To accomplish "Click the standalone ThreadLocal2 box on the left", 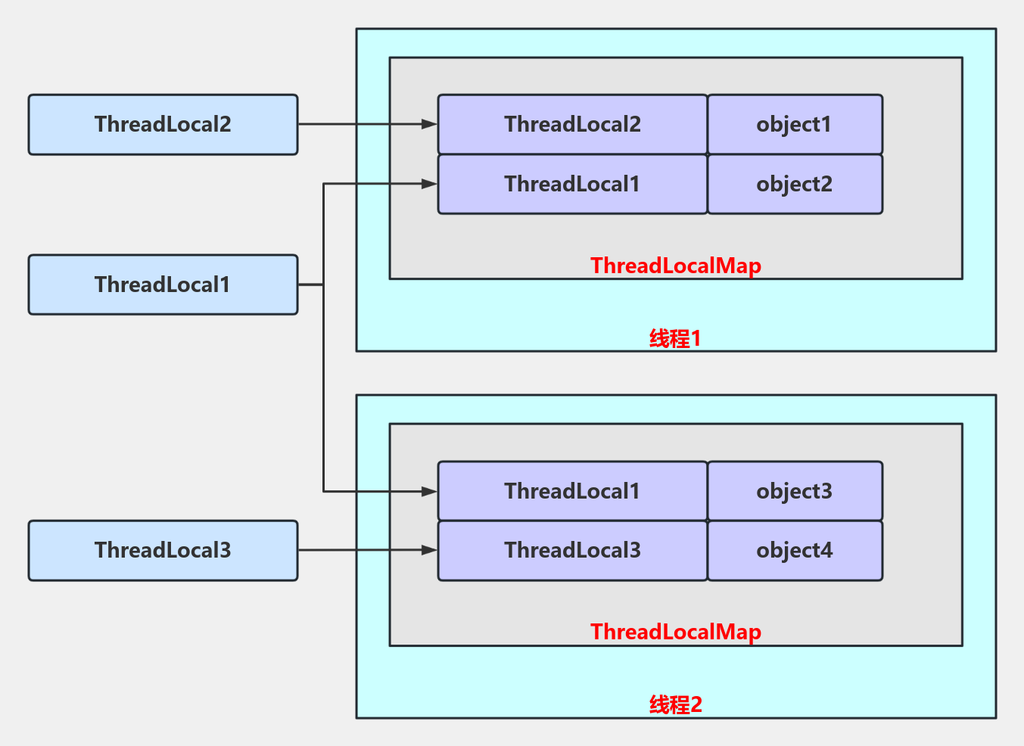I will pyautogui.click(x=163, y=125).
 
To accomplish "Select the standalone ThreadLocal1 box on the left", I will pyautogui.click(x=163, y=284).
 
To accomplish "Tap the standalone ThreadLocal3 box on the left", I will pyautogui.click(x=163, y=550).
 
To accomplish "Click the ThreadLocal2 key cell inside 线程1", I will pyautogui.click(x=572, y=124).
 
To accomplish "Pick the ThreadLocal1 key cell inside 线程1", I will pyautogui.click(x=572, y=184).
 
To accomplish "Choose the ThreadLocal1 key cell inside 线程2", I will pyautogui.click(x=572, y=491).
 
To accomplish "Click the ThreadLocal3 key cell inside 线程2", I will pyautogui.click(x=572, y=550).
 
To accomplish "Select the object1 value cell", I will pyautogui.click(x=795, y=124).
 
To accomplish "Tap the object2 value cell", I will pyautogui.click(x=795, y=184).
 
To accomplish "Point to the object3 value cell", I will pyautogui.click(x=795, y=491).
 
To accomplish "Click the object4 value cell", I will pyautogui.click(x=795, y=550).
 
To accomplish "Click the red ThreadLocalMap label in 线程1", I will pyautogui.click(x=675, y=266).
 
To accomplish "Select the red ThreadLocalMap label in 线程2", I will pyautogui.click(x=675, y=632).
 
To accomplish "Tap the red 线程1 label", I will pyautogui.click(x=675, y=338).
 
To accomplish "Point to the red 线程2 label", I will pyautogui.click(x=675, y=704).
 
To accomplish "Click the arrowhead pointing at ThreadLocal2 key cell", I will pyautogui.click(x=429, y=124).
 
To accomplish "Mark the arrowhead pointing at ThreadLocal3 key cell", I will pyautogui.click(x=429, y=550).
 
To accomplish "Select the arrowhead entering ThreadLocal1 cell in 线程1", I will pyautogui.click(x=429, y=184).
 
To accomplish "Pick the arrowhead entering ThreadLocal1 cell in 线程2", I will pyautogui.click(x=429, y=491).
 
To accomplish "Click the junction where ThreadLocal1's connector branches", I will pyautogui.click(x=323, y=284).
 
